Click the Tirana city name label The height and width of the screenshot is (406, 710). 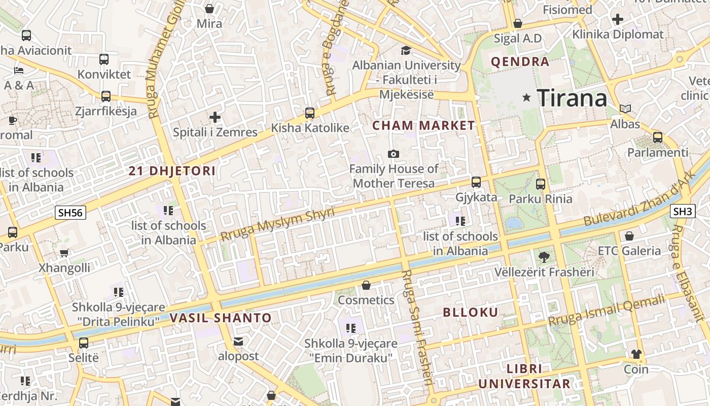(572, 97)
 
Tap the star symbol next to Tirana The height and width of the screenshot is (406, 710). (527, 97)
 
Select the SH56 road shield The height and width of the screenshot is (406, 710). (70, 212)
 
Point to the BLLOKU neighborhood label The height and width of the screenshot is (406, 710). (471, 312)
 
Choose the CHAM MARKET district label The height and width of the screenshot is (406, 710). (424, 125)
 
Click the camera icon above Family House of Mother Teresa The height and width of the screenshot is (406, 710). (393, 154)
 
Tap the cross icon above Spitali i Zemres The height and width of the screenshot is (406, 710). (215, 118)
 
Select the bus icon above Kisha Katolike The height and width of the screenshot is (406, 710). (310, 113)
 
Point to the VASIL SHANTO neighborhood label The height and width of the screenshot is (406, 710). (221, 318)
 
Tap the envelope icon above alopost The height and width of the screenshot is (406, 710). (238, 342)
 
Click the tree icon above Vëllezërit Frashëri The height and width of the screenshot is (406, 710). (544, 257)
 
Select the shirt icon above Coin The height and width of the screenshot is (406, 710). (636, 354)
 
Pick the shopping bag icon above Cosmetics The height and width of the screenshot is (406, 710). (366, 286)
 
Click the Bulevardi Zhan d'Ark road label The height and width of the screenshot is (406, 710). (636, 205)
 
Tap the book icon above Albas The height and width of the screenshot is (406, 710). (625, 109)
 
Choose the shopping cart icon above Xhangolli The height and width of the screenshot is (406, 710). (64, 253)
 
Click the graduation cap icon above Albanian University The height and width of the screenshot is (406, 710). (406, 50)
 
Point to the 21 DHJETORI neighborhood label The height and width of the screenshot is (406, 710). (172, 171)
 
